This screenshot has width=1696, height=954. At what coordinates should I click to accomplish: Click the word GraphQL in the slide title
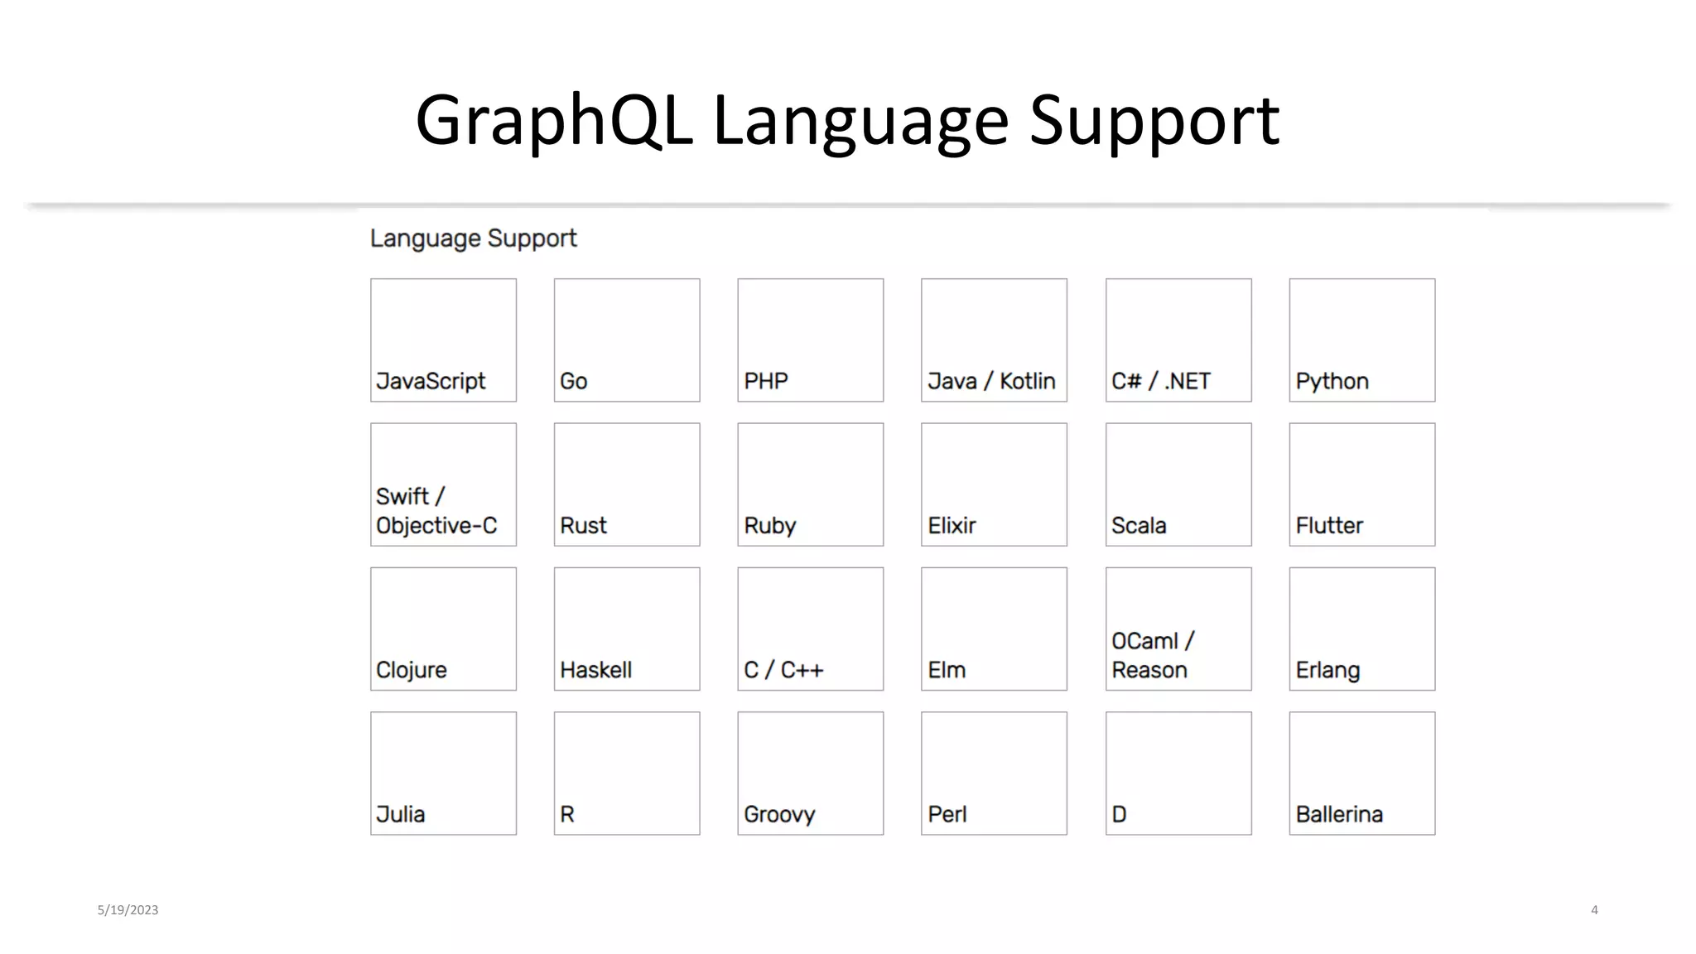(x=553, y=121)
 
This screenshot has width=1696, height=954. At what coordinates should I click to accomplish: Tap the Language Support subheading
(x=473, y=238)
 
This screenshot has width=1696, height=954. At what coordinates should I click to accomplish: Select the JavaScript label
(x=431, y=381)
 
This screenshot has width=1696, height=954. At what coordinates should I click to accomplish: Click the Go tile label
(x=573, y=381)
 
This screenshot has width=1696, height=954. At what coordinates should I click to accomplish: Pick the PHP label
(x=766, y=381)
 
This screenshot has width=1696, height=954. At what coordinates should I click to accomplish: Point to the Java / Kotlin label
(x=991, y=381)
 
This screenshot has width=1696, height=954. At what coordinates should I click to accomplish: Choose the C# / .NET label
(x=1160, y=381)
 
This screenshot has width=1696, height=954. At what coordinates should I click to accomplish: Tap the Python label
(x=1332, y=382)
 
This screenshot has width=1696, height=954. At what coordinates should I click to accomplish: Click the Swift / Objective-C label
(x=436, y=511)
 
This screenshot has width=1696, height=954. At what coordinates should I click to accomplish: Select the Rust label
(x=583, y=525)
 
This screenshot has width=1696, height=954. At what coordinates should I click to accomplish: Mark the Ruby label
(x=769, y=526)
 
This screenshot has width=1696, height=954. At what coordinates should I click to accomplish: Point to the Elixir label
(x=952, y=525)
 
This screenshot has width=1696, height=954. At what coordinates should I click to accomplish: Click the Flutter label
(x=1329, y=525)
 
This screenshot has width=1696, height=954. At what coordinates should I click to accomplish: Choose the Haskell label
(x=595, y=669)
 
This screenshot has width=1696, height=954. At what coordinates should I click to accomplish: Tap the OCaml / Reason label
(x=1152, y=655)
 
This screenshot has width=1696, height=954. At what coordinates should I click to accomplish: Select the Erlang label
(x=1327, y=670)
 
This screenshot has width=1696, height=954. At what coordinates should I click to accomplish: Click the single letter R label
(x=567, y=814)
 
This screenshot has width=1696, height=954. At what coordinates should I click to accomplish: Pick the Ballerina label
(x=1339, y=814)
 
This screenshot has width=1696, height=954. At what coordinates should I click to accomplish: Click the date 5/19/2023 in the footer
(x=128, y=909)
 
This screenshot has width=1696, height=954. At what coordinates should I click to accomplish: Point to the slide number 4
(x=1594, y=909)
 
